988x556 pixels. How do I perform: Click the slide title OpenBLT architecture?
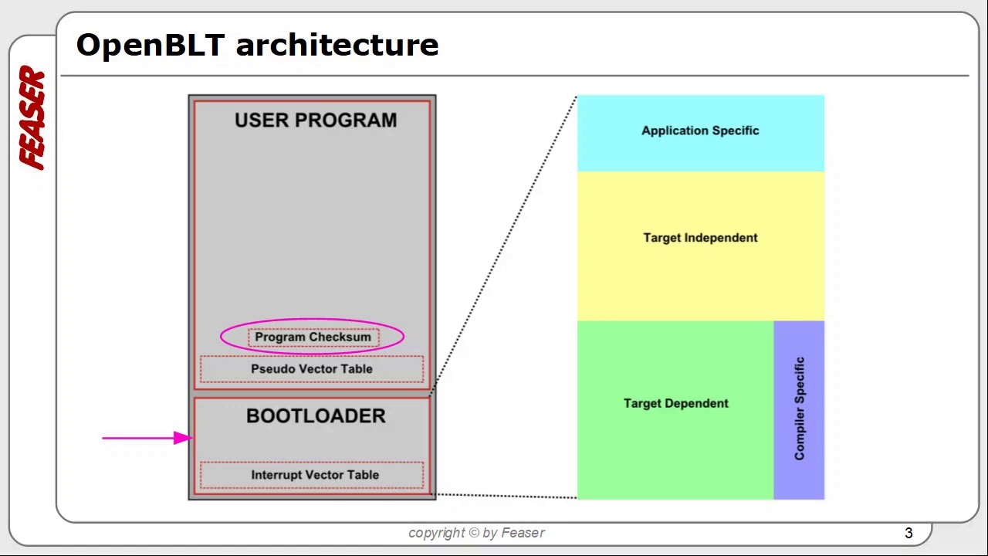(x=257, y=45)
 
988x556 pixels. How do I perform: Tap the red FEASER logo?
(x=33, y=118)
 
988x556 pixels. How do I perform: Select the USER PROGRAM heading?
(x=316, y=120)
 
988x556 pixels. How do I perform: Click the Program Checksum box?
(x=313, y=337)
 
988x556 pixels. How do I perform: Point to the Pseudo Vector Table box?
(x=312, y=369)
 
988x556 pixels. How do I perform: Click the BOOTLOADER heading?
(x=316, y=416)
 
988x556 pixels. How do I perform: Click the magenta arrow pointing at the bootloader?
(x=147, y=438)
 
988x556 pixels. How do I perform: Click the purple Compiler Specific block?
(x=799, y=409)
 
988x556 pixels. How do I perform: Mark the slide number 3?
(x=908, y=533)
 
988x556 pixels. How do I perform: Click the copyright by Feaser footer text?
(x=476, y=533)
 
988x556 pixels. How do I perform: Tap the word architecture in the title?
(x=337, y=45)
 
